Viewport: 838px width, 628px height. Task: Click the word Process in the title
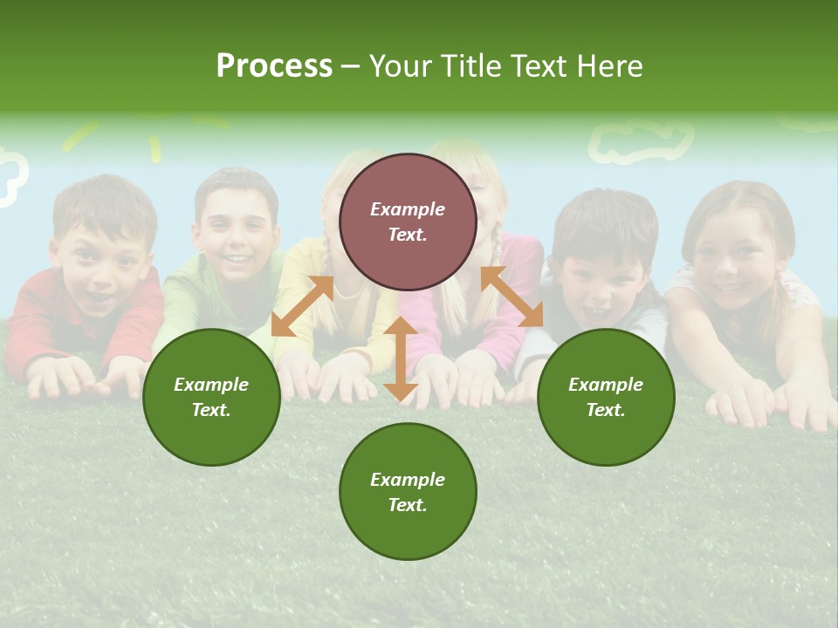(274, 66)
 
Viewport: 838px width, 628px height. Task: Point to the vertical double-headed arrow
(401, 358)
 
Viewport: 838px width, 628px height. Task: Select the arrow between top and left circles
(302, 305)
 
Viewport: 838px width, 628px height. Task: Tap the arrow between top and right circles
(512, 297)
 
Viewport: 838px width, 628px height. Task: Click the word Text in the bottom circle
(408, 505)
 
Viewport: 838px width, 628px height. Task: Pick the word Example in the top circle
(408, 209)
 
